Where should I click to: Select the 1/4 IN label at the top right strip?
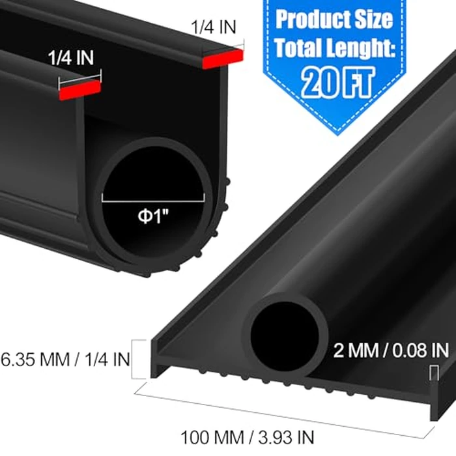pyautogui.click(x=214, y=27)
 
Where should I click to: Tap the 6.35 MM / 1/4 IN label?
pyautogui.click(x=65, y=358)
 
